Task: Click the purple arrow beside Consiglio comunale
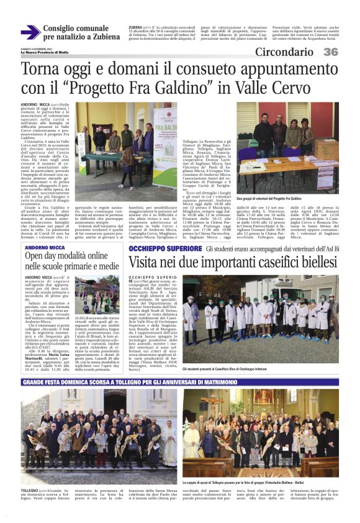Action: pos(30,32)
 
